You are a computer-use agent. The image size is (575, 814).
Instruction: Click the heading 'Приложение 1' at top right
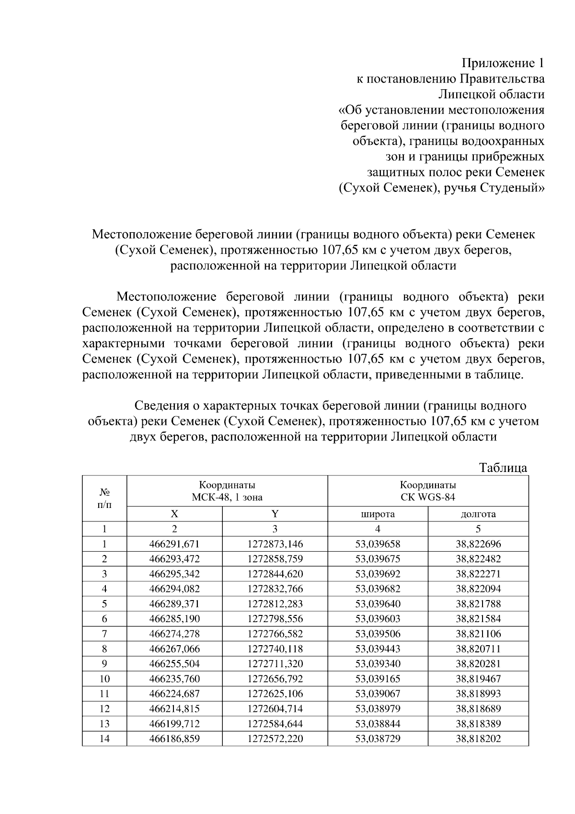point(503,63)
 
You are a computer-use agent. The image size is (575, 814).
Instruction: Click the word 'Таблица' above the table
point(503,468)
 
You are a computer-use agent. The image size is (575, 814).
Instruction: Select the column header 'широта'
point(378,514)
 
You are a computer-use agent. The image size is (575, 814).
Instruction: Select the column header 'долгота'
point(478,514)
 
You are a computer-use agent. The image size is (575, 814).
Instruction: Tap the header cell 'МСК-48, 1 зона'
point(227,497)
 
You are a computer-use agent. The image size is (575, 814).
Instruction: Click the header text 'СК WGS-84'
point(428,497)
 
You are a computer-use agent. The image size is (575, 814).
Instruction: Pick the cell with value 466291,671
point(174,544)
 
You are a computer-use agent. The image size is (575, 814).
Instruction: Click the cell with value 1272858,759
point(275,559)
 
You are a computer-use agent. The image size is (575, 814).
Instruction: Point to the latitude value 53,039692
point(378,574)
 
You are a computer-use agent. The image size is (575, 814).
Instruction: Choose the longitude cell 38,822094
point(478,589)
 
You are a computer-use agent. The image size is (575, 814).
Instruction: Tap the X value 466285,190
point(174,619)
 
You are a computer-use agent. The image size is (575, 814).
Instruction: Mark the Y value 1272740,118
point(275,649)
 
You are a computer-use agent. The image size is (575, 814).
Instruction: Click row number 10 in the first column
point(104,679)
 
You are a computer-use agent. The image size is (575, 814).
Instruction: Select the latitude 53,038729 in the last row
point(378,739)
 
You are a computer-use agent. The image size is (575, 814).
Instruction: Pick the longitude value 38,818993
point(478,694)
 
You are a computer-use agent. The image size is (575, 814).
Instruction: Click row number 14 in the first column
point(104,739)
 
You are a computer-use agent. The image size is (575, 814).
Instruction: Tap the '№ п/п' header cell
point(104,498)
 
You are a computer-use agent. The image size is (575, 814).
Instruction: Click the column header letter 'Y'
point(275,514)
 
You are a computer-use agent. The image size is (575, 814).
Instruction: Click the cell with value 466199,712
point(174,724)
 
